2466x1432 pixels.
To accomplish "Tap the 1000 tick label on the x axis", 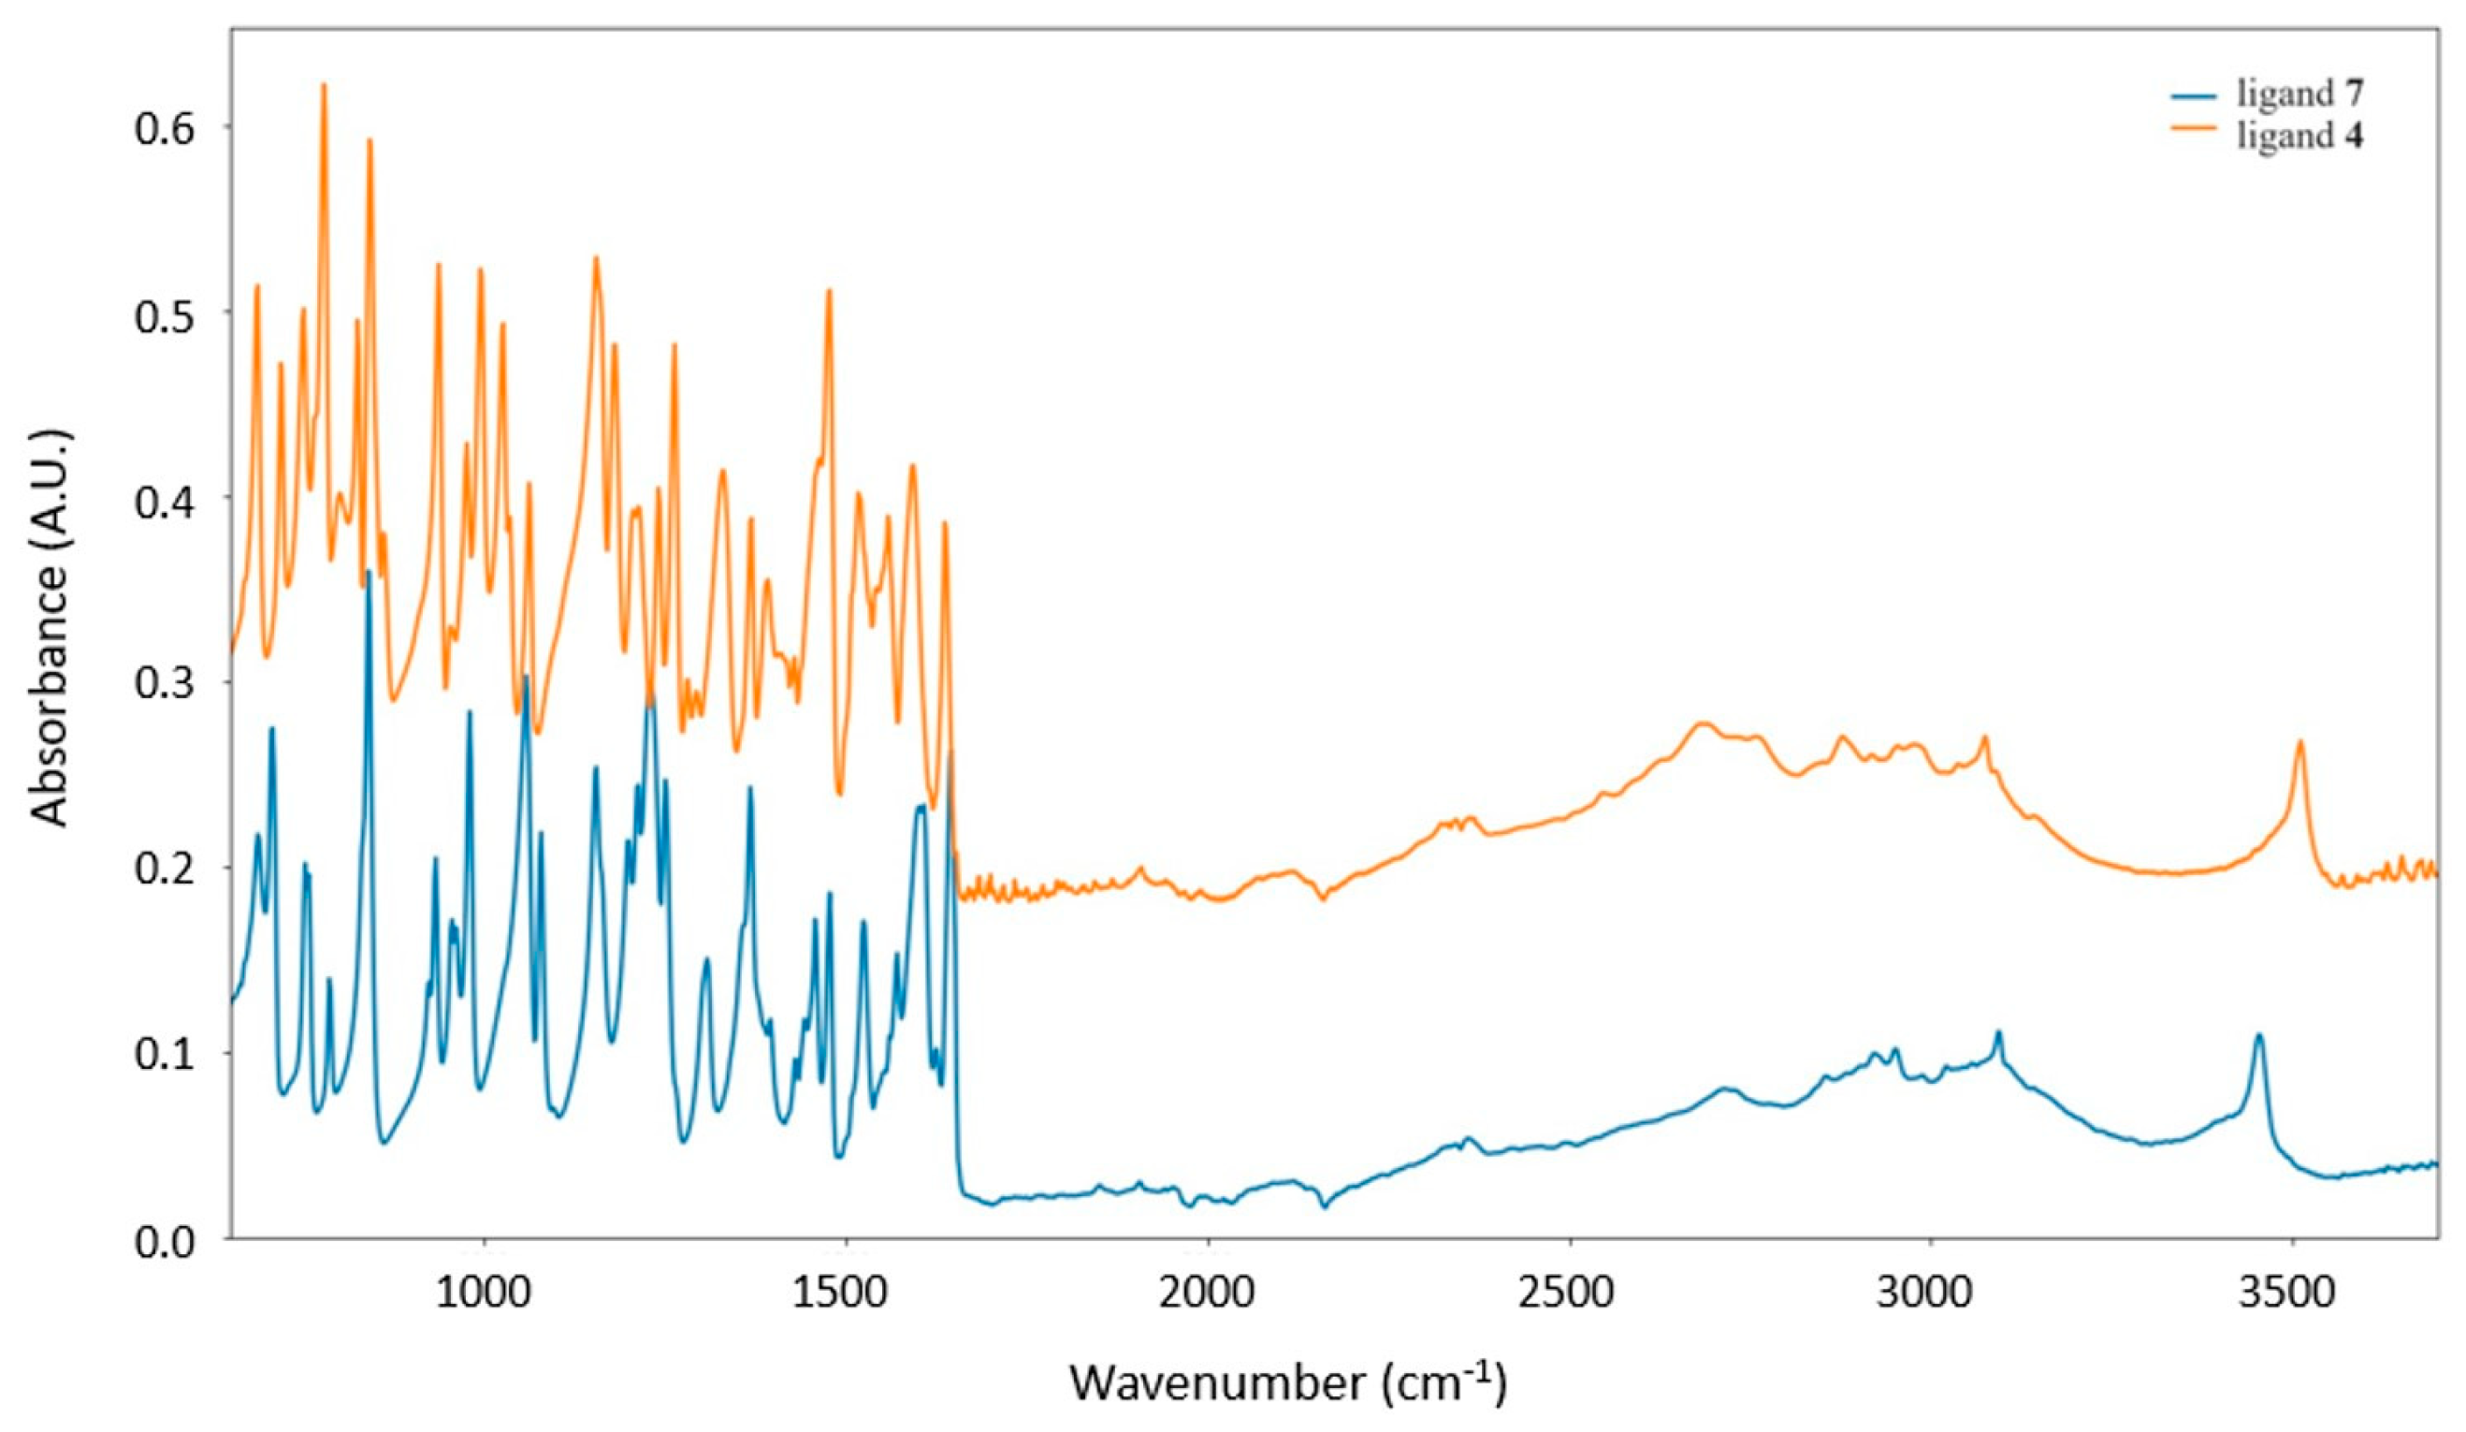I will click(x=482, y=1291).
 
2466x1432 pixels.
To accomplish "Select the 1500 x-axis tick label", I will click(x=845, y=1291).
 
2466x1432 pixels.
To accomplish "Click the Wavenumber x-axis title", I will click(x=1288, y=1383).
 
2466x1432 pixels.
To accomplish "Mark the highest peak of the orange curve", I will click(x=324, y=85).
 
